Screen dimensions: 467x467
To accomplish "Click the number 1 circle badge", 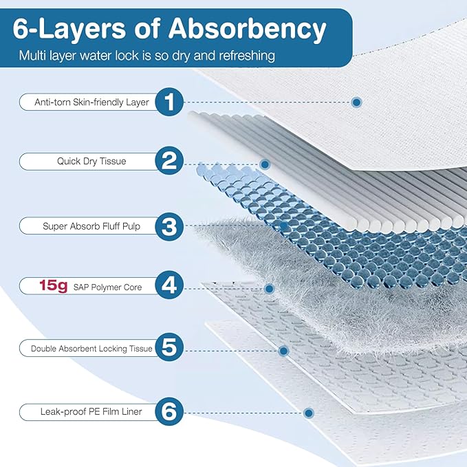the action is pyautogui.click(x=169, y=102).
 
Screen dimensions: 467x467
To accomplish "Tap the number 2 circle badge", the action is pyautogui.click(x=169, y=161).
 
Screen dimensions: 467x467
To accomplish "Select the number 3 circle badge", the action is pyautogui.click(x=169, y=226).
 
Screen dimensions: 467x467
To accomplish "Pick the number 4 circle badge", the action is pyautogui.click(x=169, y=285).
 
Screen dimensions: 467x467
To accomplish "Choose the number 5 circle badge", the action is pyautogui.click(x=169, y=347).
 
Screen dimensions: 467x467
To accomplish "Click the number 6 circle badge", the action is pyautogui.click(x=169, y=411).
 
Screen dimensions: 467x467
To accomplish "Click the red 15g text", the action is pyautogui.click(x=54, y=286).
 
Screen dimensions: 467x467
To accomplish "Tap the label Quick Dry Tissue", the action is pyautogui.click(x=91, y=162).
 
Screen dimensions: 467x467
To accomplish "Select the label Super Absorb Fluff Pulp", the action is pyautogui.click(x=91, y=226).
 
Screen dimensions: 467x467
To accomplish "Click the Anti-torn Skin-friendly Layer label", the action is pyautogui.click(x=91, y=102).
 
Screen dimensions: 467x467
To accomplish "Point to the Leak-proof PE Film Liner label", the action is pyautogui.click(x=91, y=411).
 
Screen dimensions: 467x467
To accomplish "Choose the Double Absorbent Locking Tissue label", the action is pyautogui.click(x=91, y=349).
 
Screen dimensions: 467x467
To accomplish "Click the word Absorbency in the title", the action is pyautogui.click(x=247, y=30).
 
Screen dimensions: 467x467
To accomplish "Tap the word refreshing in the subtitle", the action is pyautogui.click(x=247, y=56).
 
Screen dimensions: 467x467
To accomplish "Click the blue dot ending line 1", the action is pyautogui.click(x=356, y=102).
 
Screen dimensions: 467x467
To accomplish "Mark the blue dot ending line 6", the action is pyautogui.click(x=309, y=413).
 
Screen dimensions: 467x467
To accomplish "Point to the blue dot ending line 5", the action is pyautogui.click(x=283, y=351).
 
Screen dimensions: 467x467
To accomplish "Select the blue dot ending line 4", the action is pyautogui.click(x=269, y=289).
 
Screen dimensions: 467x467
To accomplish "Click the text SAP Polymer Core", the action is pyautogui.click(x=107, y=287).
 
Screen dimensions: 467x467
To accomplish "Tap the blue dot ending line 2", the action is pyautogui.click(x=265, y=164).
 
